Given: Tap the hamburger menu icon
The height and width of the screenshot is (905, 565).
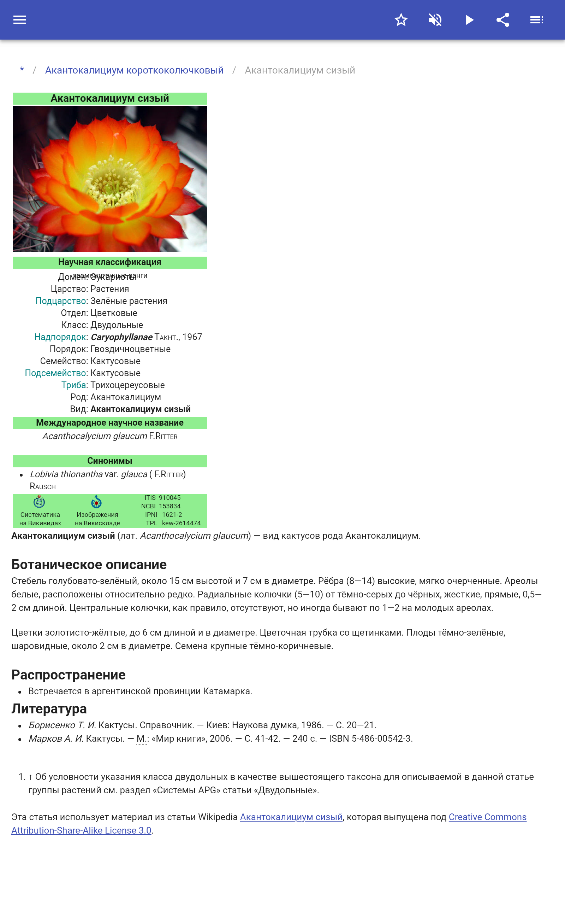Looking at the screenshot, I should coord(20,20).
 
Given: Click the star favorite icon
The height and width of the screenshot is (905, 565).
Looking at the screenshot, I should coord(401,20).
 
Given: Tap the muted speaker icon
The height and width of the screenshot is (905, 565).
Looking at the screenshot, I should coord(435,20).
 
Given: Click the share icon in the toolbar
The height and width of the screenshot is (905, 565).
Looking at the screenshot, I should coord(503,20).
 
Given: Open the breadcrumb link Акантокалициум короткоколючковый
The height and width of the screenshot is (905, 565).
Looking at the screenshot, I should coord(134,70).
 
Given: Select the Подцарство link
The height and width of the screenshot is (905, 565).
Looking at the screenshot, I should coord(61,301).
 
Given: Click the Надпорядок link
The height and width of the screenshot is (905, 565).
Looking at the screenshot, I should coord(60,337).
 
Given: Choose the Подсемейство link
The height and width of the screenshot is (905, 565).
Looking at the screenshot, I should coord(55,373).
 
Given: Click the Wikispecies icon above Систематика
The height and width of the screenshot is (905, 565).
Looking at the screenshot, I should coord(39,502).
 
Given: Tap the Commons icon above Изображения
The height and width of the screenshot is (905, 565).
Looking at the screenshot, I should coord(96,502).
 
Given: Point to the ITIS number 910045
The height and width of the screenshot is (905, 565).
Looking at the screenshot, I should coord(169,498).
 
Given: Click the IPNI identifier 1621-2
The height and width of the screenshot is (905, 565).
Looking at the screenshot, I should coord(172,515).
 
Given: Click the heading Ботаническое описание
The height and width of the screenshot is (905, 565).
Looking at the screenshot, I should coord(89,564).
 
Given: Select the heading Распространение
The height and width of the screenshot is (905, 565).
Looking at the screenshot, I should coord(69,675).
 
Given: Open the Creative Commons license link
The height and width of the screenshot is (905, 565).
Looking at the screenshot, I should coord(487,817).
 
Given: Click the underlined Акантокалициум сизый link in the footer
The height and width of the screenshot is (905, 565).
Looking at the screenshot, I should coord(291,817).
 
